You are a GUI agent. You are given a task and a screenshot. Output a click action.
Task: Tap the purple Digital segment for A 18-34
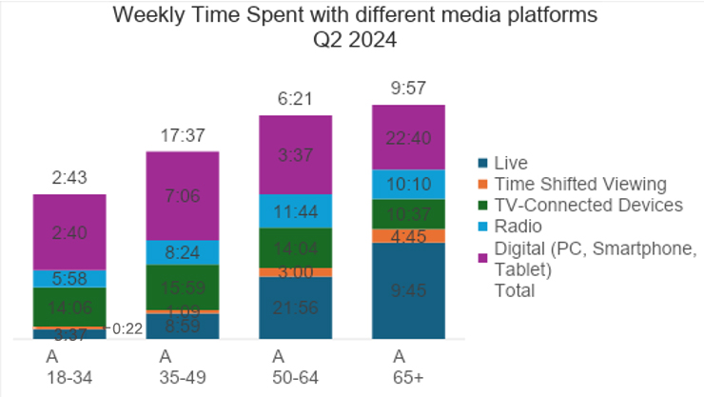[69, 231]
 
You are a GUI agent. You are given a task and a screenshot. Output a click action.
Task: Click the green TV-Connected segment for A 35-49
[183, 287]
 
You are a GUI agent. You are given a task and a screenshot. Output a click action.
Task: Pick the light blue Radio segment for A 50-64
[296, 210]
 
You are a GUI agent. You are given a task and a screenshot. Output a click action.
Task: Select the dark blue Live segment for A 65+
[408, 291]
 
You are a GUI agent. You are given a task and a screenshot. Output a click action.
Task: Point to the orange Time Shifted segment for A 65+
[408, 236]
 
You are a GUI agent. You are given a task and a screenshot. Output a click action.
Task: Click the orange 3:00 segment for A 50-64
[296, 272]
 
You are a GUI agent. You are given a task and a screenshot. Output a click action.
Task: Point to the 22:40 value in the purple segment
[408, 137]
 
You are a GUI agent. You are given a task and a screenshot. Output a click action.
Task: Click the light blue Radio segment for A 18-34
[69, 278]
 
